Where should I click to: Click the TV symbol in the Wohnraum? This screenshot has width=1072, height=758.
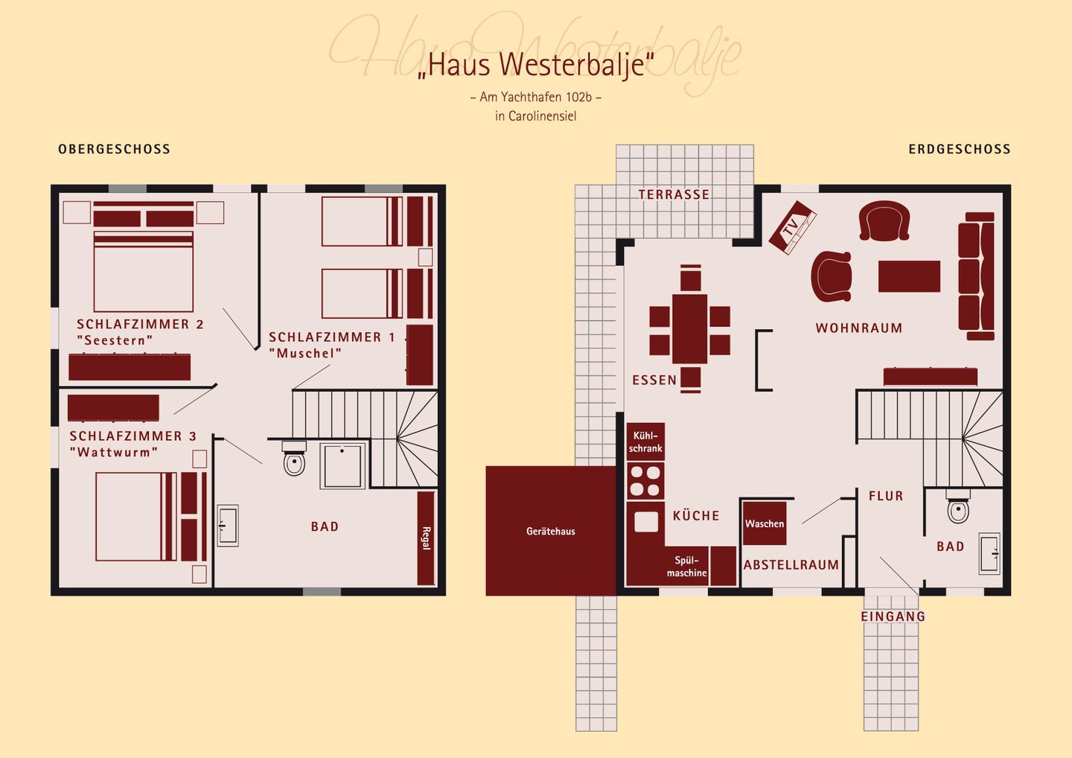pyautogui.click(x=792, y=226)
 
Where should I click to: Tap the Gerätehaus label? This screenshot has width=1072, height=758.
pyautogui.click(x=550, y=531)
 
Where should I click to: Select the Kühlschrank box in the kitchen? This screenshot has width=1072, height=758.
pyautogui.click(x=645, y=442)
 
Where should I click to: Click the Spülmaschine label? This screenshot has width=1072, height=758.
pyautogui.click(x=686, y=567)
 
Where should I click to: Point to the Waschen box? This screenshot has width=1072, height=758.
pyautogui.click(x=765, y=523)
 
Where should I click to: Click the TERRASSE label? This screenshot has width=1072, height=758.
pyautogui.click(x=674, y=194)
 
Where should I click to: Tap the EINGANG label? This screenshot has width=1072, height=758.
pyautogui.click(x=893, y=617)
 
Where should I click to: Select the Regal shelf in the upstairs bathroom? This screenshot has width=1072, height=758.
pyautogui.click(x=426, y=538)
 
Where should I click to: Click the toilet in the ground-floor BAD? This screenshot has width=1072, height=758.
pyautogui.click(x=958, y=509)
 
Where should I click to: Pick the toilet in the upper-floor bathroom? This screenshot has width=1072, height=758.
pyautogui.click(x=294, y=462)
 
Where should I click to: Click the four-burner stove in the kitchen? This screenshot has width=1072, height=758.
pyautogui.click(x=645, y=481)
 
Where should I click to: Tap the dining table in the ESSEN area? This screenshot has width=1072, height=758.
pyautogui.click(x=690, y=328)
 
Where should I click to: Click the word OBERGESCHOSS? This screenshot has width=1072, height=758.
pyautogui.click(x=114, y=149)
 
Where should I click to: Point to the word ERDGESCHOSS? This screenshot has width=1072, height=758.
pyautogui.click(x=959, y=149)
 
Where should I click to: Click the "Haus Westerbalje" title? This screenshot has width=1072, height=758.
pyautogui.click(x=535, y=65)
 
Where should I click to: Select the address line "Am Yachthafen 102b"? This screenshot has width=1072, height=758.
pyautogui.click(x=535, y=97)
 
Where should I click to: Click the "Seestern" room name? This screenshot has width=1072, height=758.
pyautogui.click(x=115, y=341)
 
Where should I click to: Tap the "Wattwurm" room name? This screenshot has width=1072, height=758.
pyautogui.click(x=114, y=453)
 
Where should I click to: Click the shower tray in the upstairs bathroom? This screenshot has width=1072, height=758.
pyautogui.click(x=342, y=466)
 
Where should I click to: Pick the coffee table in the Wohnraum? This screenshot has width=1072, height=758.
pyautogui.click(x=909, y=276)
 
